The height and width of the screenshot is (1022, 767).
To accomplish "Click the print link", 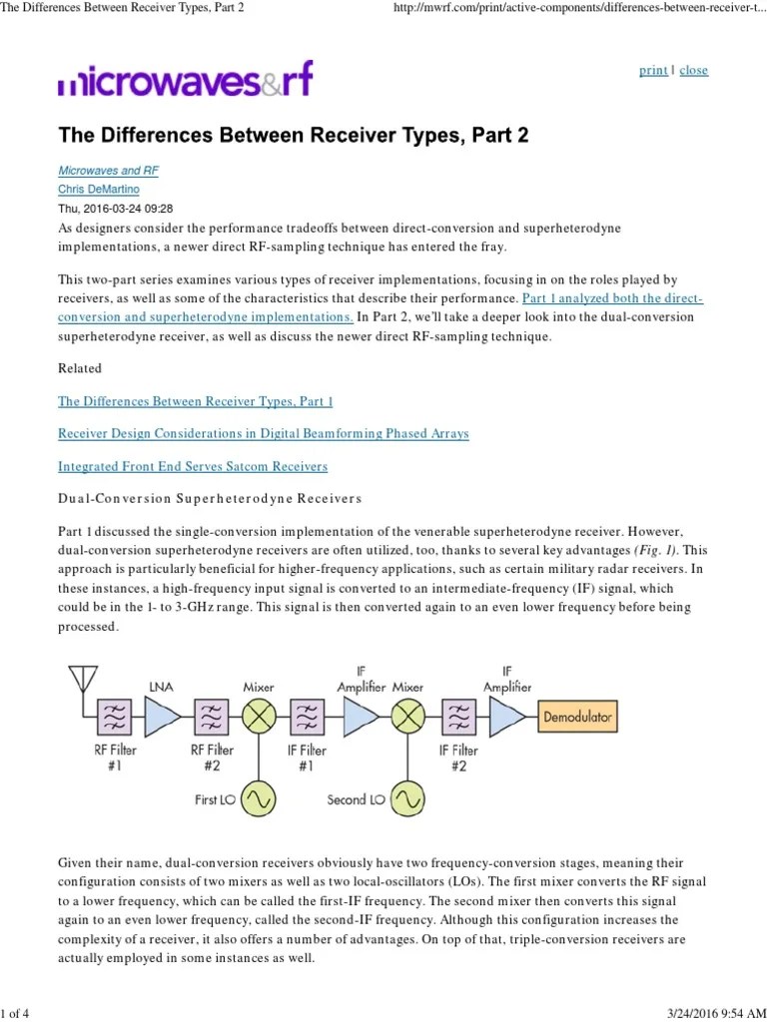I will click(653, 71).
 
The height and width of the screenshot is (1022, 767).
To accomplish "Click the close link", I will click(693, 71).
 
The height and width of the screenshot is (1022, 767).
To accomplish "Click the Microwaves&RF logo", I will click(186, 79).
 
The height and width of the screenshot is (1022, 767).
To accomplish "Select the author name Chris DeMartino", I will click(99, 190).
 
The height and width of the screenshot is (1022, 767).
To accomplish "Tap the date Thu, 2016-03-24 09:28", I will click(116, 209).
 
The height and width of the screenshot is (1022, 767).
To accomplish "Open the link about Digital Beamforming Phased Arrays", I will click(263, 434).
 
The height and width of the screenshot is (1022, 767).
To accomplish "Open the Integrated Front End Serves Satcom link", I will click(193, 466).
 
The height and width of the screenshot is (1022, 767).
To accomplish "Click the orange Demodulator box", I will click(576, 717).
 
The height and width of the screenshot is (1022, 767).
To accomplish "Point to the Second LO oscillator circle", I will click(406, 798).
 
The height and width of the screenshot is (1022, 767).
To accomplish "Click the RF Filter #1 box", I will click(116, 717).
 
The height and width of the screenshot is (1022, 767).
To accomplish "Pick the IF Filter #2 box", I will click(458, 717).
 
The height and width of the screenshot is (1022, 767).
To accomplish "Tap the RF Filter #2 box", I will click(211, 717).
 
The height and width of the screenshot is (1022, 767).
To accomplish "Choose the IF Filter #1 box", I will click(308, 717).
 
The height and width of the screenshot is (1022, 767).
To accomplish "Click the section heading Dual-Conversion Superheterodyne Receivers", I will click(209, 498).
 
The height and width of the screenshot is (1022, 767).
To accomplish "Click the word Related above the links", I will click(80, 368).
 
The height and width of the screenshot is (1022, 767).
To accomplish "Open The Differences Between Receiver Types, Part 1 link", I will click(195, 402).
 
